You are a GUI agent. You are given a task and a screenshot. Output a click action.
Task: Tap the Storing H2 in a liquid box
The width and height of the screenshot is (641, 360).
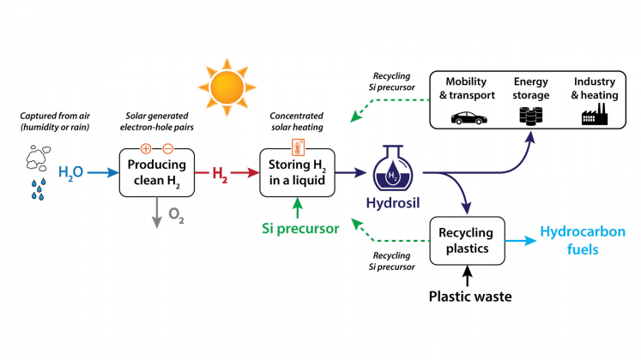point(296,172)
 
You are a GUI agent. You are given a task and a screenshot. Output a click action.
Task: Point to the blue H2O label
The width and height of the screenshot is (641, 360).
point(71,173)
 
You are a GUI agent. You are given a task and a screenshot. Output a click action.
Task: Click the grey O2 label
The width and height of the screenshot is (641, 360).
point(176,219)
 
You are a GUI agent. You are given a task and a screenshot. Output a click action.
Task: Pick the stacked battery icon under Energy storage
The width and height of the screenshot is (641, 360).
point(530,117)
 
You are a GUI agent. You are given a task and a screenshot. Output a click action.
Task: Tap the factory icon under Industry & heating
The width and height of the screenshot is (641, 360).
point(591,115)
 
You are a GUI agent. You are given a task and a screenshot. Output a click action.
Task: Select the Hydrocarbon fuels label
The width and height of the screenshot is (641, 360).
point(575,241)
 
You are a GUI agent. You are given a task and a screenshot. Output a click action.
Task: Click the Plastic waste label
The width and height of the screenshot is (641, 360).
point(469,297)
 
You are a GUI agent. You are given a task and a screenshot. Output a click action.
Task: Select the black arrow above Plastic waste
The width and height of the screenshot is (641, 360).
point(469,276)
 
